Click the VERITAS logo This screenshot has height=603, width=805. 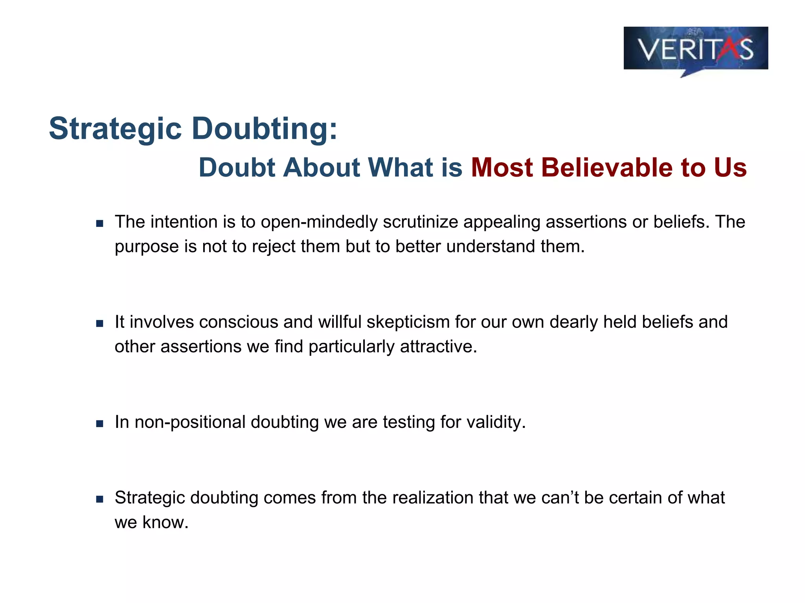point(695,49)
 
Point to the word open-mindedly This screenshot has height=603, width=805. point(319,222)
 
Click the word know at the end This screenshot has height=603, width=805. point(165,523)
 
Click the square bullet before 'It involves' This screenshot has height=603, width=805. point(100,324)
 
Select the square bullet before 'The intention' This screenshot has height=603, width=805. point(100,224)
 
